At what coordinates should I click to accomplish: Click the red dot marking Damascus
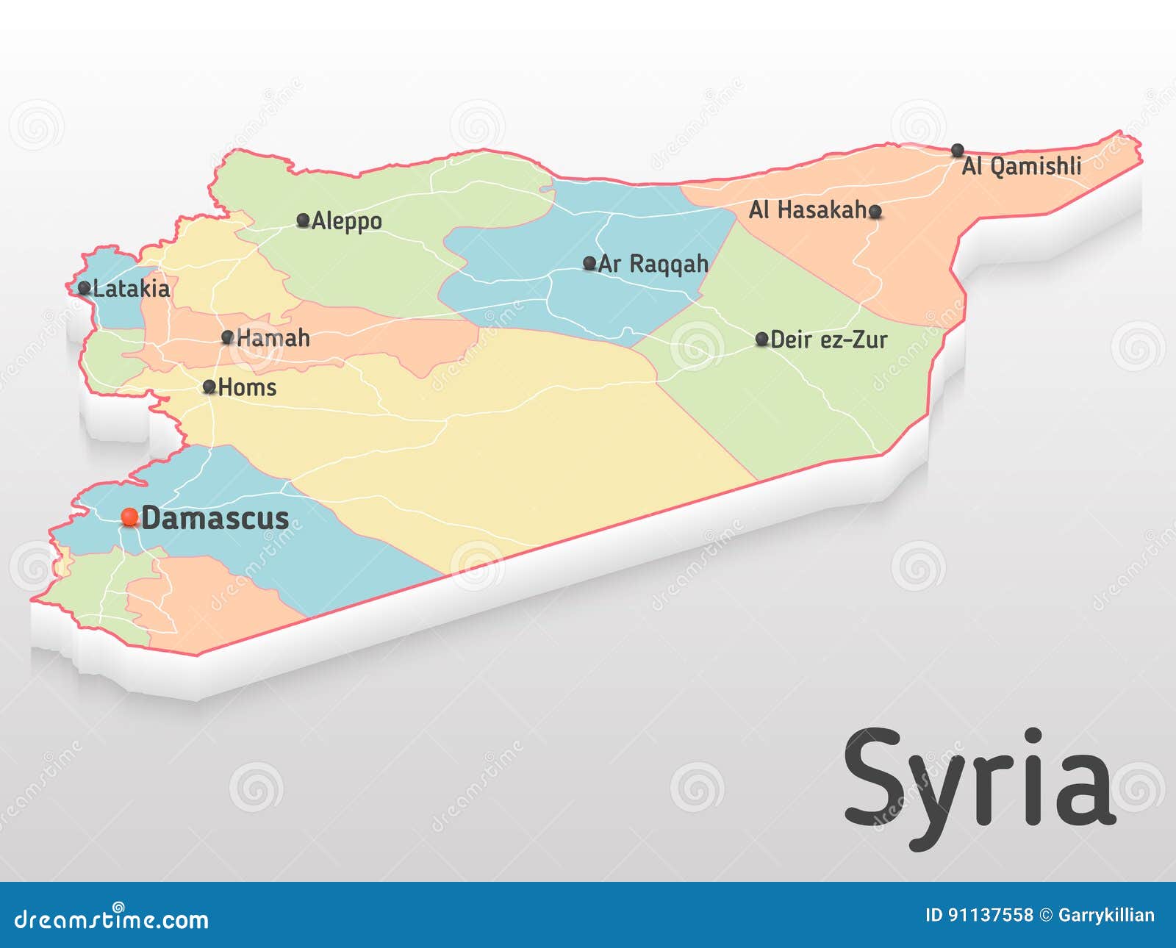[x=130, y=517]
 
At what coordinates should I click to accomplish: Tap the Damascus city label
[x=215, y=518]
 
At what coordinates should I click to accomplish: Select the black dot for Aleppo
[x=303, y=220]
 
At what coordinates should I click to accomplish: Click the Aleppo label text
[x=347, y=221]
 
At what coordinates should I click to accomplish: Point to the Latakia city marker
[x=85, y=288]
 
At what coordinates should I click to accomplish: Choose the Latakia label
[x=132, y=289]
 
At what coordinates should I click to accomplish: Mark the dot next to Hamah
[x=228, y=337]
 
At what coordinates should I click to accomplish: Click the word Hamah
[x=273, y=338]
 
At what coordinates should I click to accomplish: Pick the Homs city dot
[x=209, y=387]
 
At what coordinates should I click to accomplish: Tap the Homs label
[x=248, y=387]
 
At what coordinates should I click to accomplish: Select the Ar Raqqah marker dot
[x=589, y=263]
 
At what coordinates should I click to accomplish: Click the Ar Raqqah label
[x=653, y=264]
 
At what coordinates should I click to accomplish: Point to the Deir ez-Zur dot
[x=762, y=339]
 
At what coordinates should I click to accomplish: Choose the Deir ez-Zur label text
[x=829, y=340]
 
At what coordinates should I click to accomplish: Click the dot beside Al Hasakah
[x=875, y=212]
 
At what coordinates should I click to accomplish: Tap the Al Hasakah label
[x=808, y=210]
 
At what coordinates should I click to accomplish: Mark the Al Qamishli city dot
[x=958, y=151]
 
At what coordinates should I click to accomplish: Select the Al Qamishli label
[x=1022, y=166]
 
